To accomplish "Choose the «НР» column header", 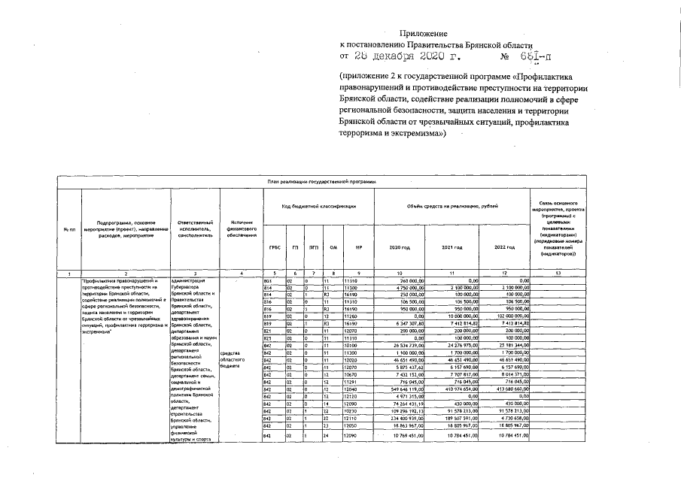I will coord(359,247).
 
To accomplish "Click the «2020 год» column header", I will coord(400,247).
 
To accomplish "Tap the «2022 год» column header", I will coord(505,247).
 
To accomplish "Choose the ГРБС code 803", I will coord(267,280).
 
